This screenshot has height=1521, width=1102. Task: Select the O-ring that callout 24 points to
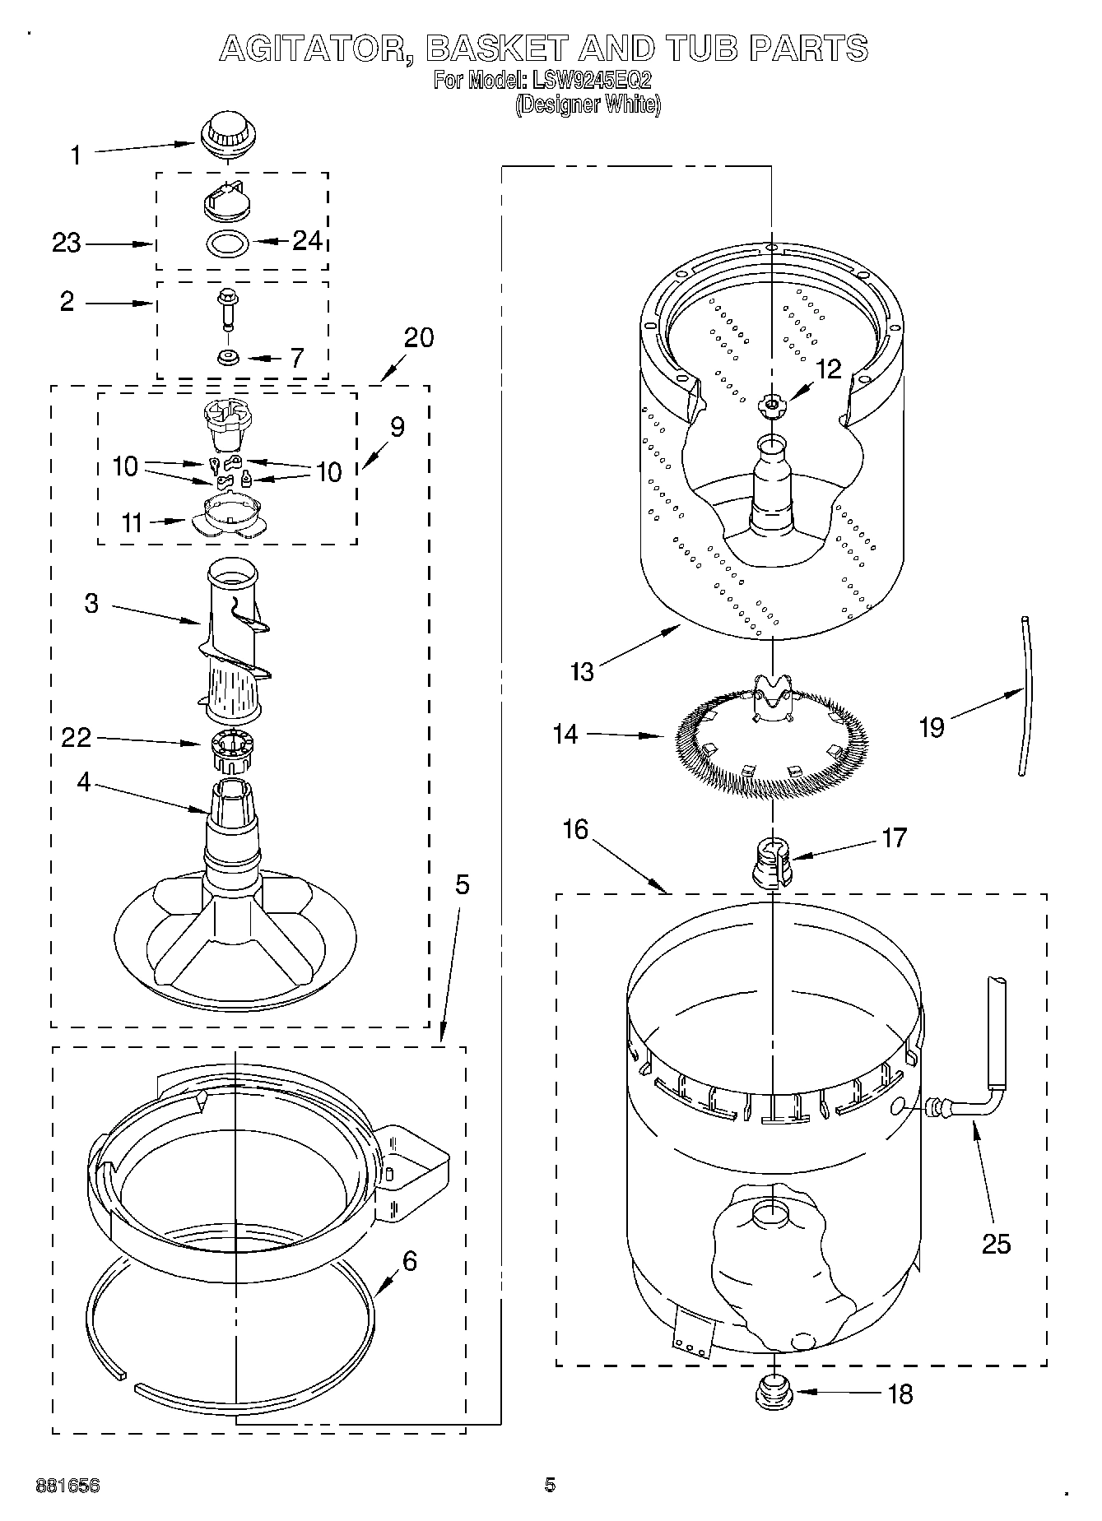tap(226, 244)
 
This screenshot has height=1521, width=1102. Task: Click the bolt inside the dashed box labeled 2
tap(226, 308)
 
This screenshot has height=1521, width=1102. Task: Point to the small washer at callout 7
tap(227, 357)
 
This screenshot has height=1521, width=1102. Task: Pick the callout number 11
tap(133, 522)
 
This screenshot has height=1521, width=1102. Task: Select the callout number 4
tap(84, 781)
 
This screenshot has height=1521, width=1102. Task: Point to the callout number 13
tap(582, 671)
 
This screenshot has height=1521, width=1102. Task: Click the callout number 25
tap(996, 1243)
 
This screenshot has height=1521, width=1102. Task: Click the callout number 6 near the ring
tap(410, 1259)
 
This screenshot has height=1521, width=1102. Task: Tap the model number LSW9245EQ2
tap(591, 81)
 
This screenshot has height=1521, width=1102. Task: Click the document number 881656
tap(67, 1486)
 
